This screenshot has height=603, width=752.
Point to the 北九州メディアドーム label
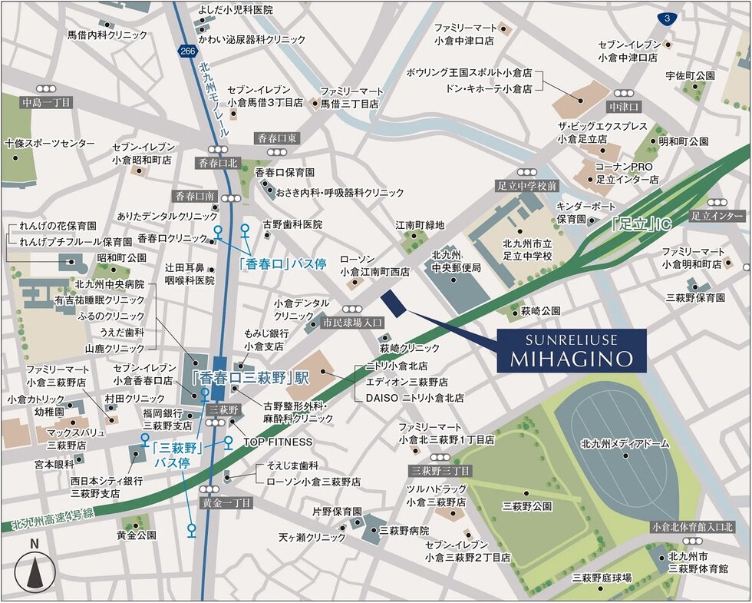click(614, 444)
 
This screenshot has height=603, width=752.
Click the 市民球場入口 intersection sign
click(352, 323)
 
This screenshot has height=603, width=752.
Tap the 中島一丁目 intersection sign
click(46, 103)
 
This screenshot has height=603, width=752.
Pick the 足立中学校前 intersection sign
click(526, 186)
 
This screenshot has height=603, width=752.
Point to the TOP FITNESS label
click(278, 442)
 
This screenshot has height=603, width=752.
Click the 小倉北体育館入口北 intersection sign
click(692, 527)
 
